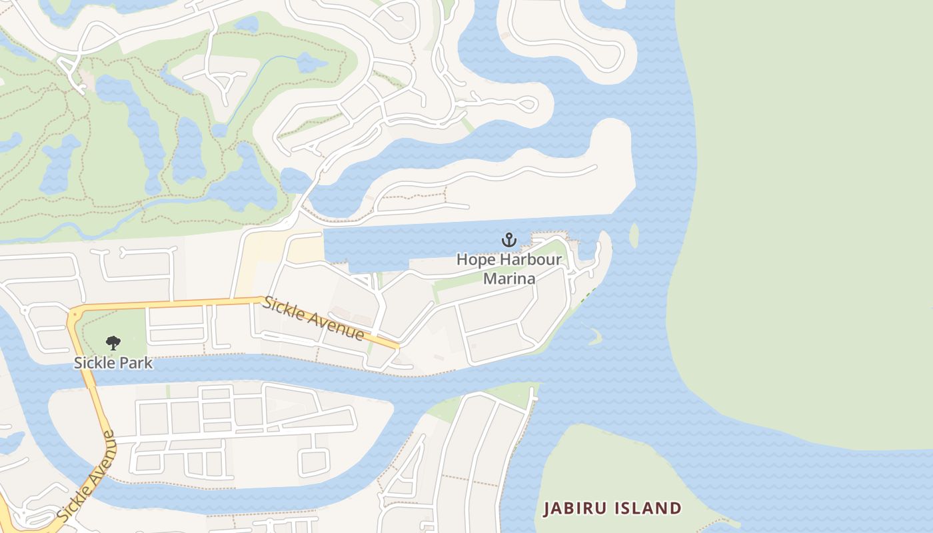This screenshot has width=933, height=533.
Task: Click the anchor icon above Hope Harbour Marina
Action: [x=509, y=239]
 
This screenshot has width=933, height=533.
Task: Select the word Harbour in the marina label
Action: [x=528, y=260]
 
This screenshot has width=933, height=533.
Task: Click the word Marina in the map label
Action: [x=509, y=278]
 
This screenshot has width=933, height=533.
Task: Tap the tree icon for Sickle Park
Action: [x=113, y=343]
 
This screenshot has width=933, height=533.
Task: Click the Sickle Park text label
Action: [x=113, y=363]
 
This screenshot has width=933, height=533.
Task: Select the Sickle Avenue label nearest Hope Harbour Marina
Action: [x=313, y=319]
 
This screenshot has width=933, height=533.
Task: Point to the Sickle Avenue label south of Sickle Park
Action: [x=86, y=476]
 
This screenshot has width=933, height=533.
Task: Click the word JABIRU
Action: [x=574, y=508]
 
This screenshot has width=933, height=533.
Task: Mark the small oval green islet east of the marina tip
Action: [x=634, y=235]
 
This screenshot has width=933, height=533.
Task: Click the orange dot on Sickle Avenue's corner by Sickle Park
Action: [x=75, y=313]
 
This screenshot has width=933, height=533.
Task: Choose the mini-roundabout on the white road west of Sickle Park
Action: [x=25, y=310]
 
